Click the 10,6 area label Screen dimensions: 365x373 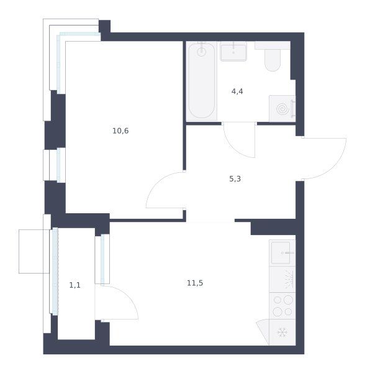tap(120, 131)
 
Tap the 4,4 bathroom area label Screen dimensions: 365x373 tap(237, 91)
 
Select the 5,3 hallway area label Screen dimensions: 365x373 tap(235, 178)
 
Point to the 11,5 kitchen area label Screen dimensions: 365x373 tap(195, 283)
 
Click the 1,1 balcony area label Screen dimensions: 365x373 tap(75, 285)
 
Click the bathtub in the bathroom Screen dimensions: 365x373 tap(202, 81)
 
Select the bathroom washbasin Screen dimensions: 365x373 tap(233, 52)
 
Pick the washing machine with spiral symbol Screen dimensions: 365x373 tap(282, 109)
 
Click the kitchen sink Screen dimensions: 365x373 tap(282, 253)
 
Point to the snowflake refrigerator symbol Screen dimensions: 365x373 tap(282, 333)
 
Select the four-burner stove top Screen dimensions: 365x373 tap(282, 306)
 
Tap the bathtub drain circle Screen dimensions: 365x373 tap(201, 52)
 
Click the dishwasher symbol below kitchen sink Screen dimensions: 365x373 tap(282, 280)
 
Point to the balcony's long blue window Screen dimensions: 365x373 tap(55, 272)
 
